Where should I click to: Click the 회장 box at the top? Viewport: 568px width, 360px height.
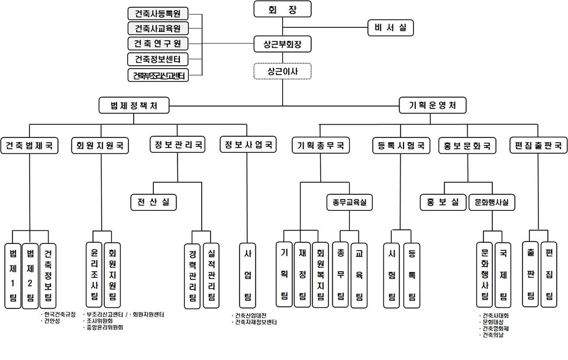[282, 9]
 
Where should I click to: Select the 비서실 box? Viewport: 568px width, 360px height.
[390, 27]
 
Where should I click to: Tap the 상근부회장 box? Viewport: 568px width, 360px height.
[282, 44]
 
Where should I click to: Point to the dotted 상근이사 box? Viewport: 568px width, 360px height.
[282, 72]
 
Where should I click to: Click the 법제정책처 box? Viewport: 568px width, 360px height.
[134, 105]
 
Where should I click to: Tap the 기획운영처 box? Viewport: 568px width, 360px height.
[428, 105]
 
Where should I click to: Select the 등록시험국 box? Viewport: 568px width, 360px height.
[401, 145]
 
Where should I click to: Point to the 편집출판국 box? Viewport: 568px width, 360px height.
[538, 145]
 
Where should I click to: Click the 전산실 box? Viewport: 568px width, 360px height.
[153, 202]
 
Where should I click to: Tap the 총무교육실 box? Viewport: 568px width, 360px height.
[349, 202]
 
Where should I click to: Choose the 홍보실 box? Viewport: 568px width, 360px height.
[443, 202]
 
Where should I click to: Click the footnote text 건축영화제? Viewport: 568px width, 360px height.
[497, 329]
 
